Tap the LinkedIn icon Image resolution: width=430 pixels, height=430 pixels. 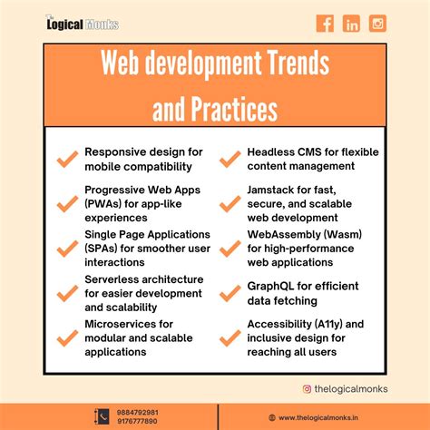point(351,23)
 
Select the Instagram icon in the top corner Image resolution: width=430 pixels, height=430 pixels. point(377,23)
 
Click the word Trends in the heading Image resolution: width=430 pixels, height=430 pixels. point(290,66)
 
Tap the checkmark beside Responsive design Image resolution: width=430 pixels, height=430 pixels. point(65,160)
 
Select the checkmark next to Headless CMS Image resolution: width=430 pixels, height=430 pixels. point(229,160)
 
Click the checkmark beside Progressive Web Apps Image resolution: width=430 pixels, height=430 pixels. point(65,203)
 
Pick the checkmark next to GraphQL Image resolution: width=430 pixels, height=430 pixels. point(229,292)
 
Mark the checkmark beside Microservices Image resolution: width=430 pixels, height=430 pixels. point(65,337)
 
